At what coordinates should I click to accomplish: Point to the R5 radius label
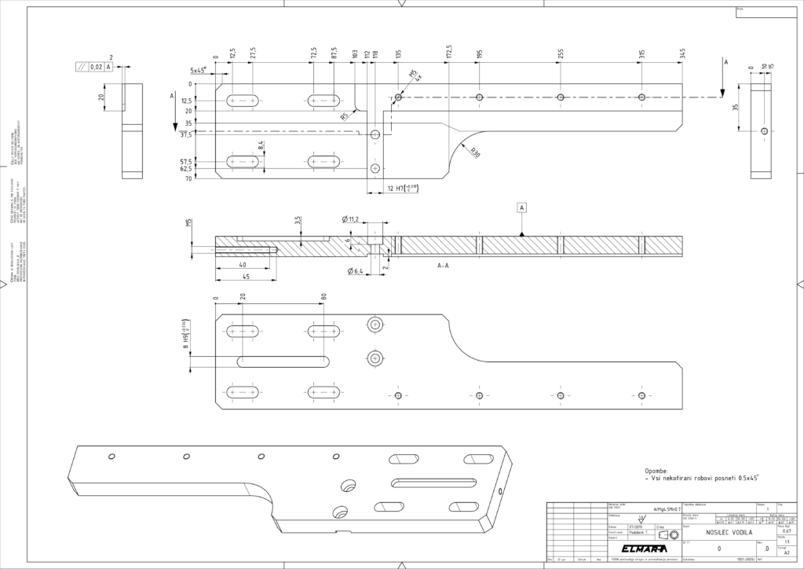pyautogui.click(x=345, y=117)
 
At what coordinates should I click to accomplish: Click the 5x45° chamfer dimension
pyautogui.click(x=199, y=70)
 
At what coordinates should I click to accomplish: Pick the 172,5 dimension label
pyautogui.click(x=448, y=53)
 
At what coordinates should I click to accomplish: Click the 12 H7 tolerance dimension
pyautogui.click(x=402, y=187)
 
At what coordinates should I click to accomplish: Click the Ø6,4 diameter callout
pyautogui.click(x=356, y=272)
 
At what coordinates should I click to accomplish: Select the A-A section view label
pyautogui.click(x=443, y=266)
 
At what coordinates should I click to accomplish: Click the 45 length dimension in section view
pyautogui.click(x=246, y=276)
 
